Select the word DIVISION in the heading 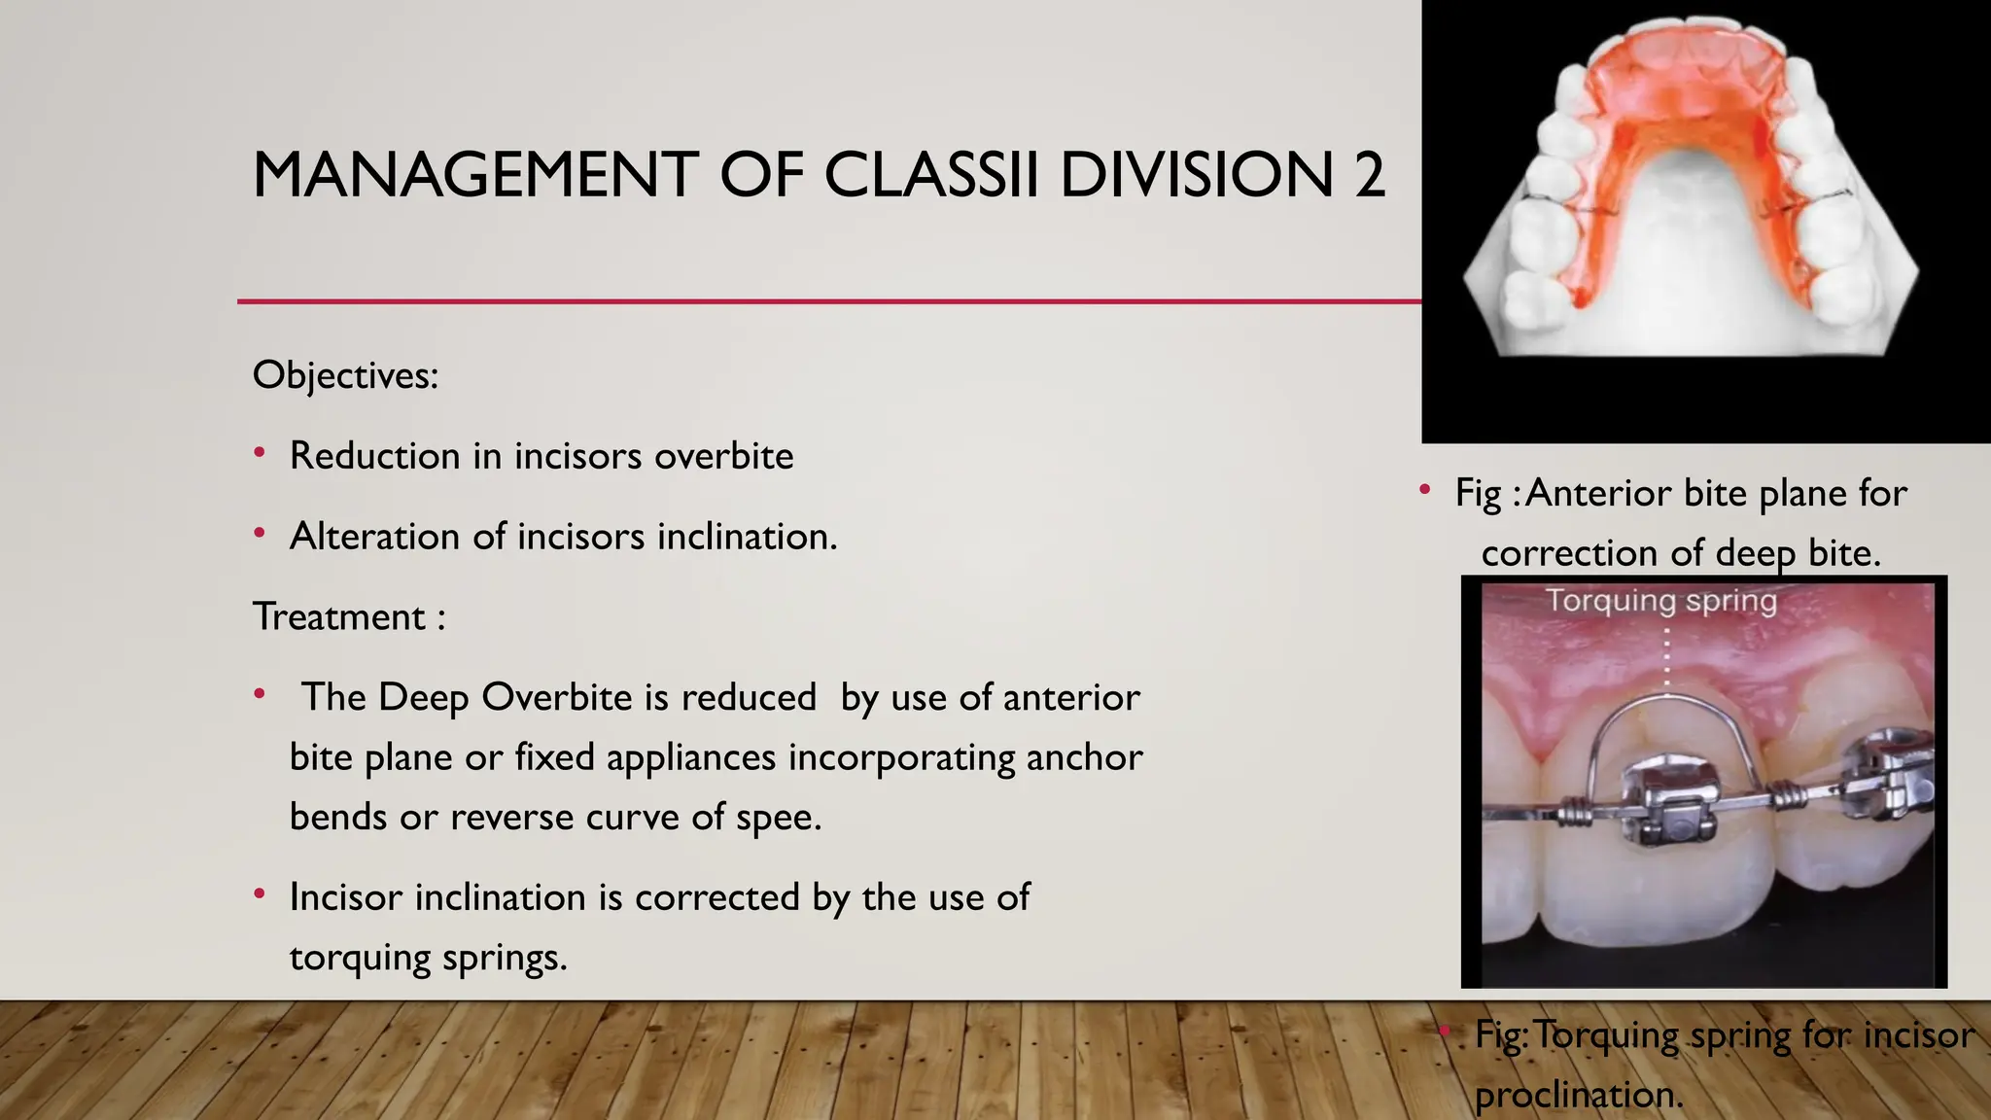tap(1196, 176)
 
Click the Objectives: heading tap(345, 375)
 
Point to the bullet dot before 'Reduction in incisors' tap(260, 453)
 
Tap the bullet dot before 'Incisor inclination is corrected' tap(260, 894)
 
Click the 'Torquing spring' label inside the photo tap(1661, 600)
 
